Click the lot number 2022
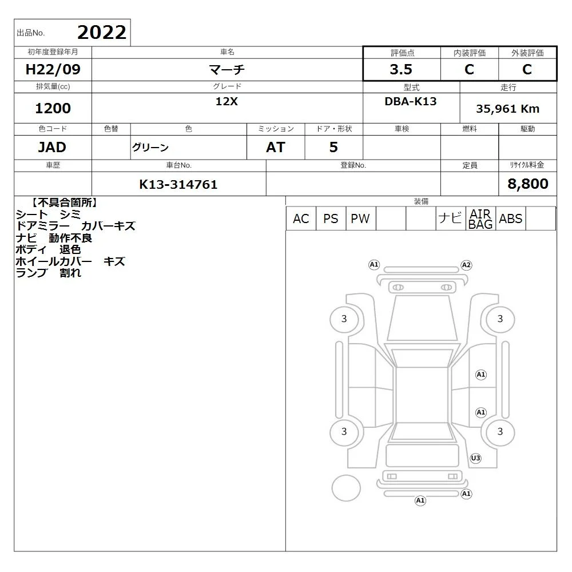(x=102, y=33)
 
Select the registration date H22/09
(x=53, y=69)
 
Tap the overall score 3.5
(x=401, y=69)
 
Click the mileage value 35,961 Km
(x=507, y=109)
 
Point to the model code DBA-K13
(x=410, y=101)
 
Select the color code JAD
(x=52, y=147)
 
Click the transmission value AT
(x=276, y=147)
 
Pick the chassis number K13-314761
(x=178, y=185)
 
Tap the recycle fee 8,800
(x=528, y=184)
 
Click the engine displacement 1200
(x=53, y=108)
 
